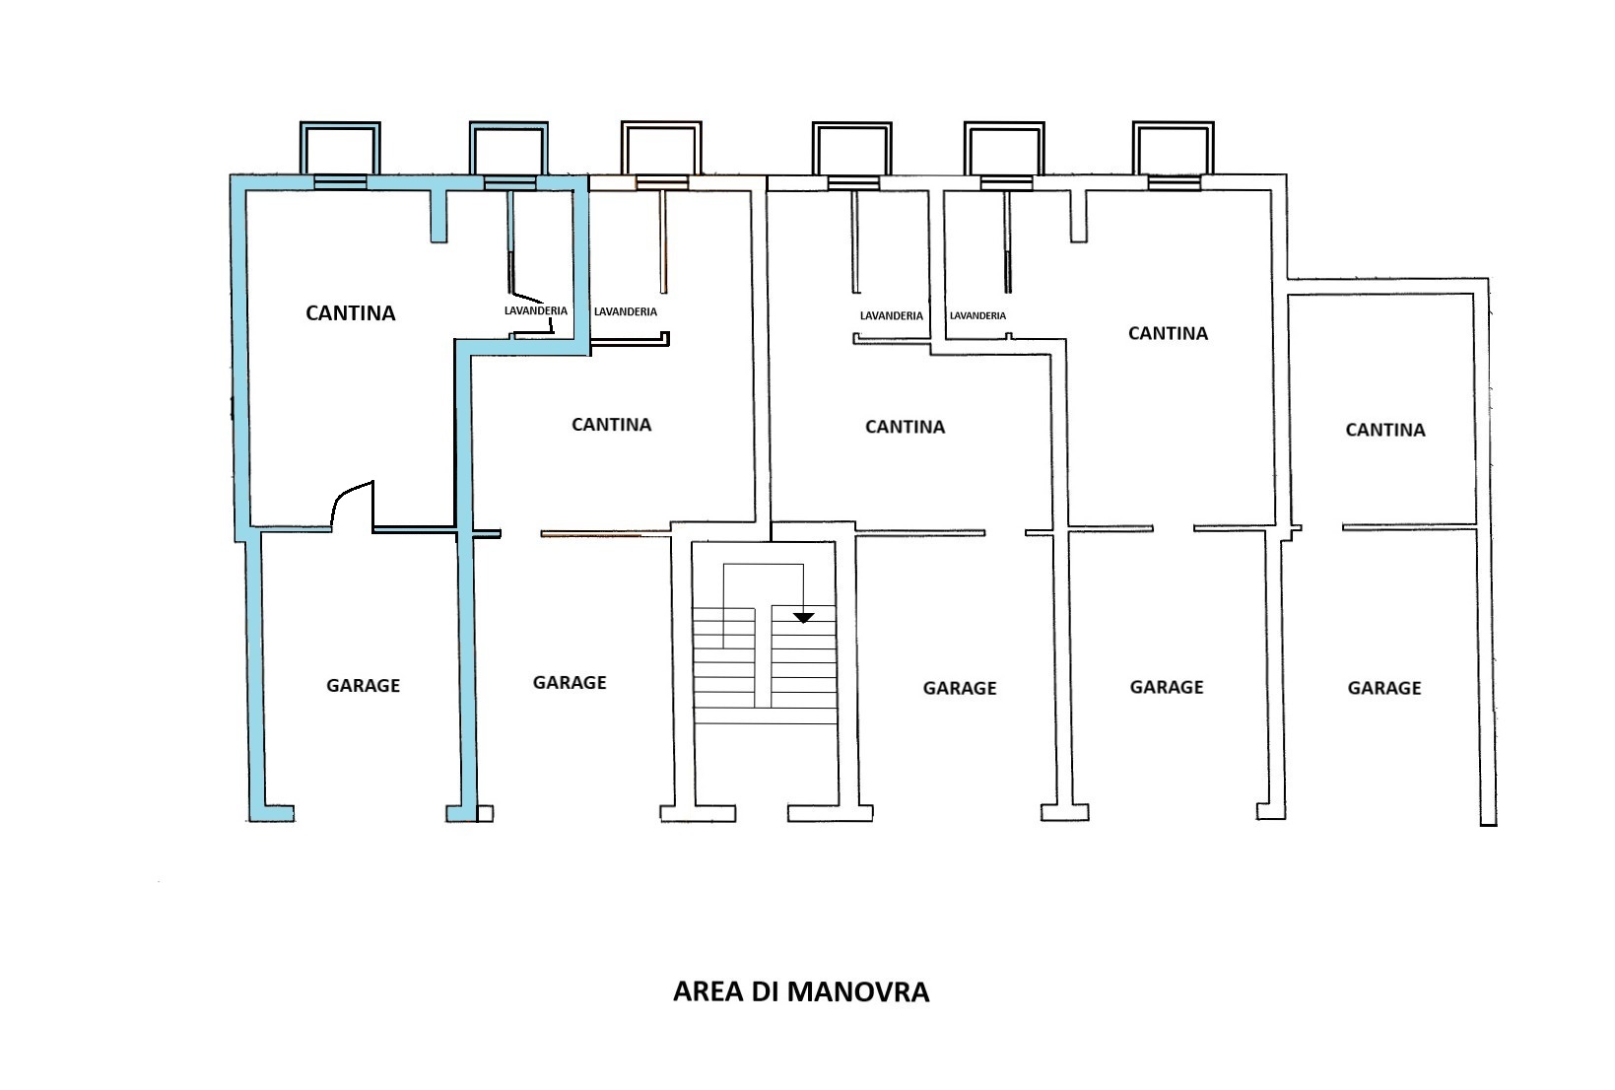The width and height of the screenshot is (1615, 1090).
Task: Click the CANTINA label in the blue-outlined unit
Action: [x=351, y=313]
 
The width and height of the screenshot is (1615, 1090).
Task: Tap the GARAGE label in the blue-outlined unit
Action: [x=363, y=685]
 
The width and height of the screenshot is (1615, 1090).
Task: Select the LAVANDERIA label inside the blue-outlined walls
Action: [x=536, y=311]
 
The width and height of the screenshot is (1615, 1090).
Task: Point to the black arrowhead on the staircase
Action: [x=804, y=617]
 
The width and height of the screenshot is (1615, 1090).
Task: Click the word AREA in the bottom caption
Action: [x=708, y=991]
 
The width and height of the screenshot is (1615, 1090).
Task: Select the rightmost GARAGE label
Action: [x=1384, y=688]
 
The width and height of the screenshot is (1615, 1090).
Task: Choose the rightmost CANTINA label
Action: [x=1385, y=430]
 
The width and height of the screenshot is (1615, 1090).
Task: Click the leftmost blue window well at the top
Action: [x=340, y=150]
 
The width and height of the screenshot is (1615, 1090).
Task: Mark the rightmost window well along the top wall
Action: [x=1173, y=150]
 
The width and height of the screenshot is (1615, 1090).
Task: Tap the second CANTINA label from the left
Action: [x=612, y=425]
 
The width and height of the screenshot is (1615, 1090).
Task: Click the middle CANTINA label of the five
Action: [x=905, y=427]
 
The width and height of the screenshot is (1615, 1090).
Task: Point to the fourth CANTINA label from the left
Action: [x=1168, y=333]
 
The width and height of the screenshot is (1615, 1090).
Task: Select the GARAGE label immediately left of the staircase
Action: [x=570, y=682]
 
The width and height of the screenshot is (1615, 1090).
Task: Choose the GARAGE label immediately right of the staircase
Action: [x=960, y=688]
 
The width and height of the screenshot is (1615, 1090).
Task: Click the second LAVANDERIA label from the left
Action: [x=626, y=312]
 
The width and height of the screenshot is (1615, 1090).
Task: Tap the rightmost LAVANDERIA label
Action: [x=977, y=316]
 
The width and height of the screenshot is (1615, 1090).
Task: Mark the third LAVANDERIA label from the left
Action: [x=892, y=316]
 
